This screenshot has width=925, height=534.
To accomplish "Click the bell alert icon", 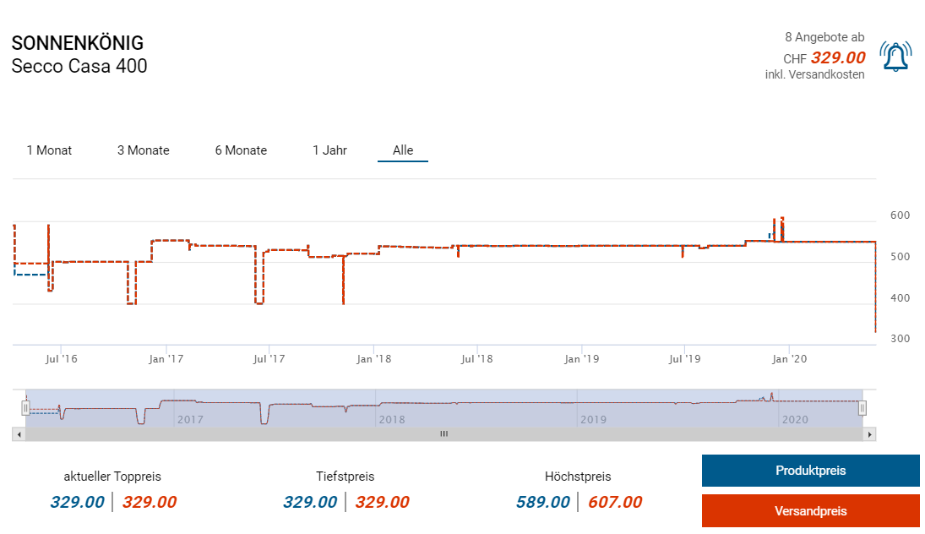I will (895, 57).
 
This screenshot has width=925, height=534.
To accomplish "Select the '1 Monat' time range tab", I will (49, 150).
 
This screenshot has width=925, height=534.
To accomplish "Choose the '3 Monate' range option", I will (143, 150).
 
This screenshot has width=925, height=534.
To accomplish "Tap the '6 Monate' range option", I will (241, 150).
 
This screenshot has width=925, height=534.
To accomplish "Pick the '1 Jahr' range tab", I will (329, 150).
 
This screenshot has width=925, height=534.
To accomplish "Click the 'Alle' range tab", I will (403, 150).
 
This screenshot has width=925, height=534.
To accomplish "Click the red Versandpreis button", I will (810, 510).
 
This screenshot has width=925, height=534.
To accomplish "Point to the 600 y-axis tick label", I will (900, 215).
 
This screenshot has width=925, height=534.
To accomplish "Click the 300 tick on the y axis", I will (900, 339).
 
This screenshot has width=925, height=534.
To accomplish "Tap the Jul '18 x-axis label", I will (476, 359).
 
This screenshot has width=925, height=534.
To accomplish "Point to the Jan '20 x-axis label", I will (789, 359).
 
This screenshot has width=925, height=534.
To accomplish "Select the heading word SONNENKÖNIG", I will (78, 43).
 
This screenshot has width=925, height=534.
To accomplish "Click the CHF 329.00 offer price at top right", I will (837, 57).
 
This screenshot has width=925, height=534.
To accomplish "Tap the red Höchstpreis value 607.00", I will (614, 503).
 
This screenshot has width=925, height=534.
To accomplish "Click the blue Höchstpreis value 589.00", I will (542, 503).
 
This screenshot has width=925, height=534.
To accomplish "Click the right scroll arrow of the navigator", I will (870, 434).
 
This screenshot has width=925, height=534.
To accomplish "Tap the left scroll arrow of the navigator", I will (19, 434).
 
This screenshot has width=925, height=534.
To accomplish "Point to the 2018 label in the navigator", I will (392, 419).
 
